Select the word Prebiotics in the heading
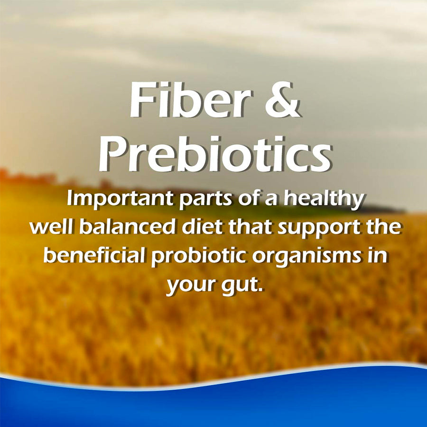pyautogui.click(x=214, y=153)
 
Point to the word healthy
pyautogui.click(x=323, y=199)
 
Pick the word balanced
pyautogui.click(x=127, y=227)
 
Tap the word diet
pyautogui.click(x=202, y=227)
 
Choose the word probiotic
pyautogui.click(x=199, y=257)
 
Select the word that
pyautogui.click(x=250, y=227)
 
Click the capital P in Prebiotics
pyautogui.click(x=113, y=153)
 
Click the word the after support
pyautogui.click(x=383, y=227)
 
